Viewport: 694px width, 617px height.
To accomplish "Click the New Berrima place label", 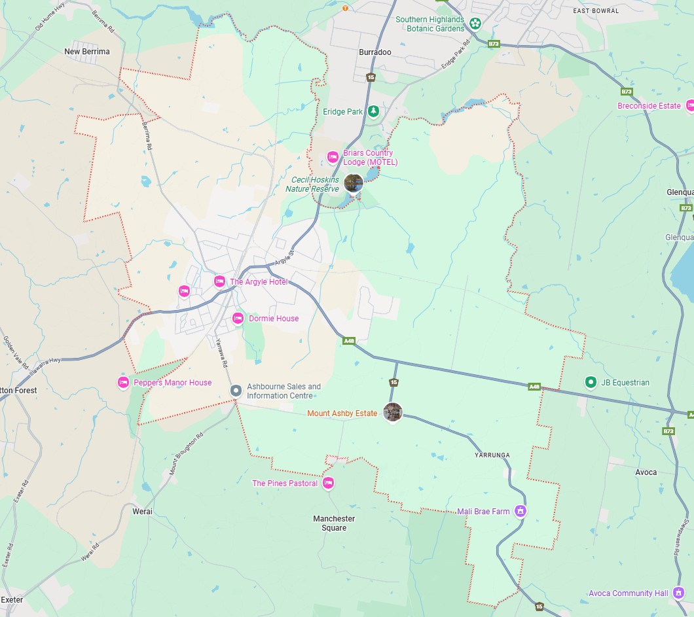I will click(x=87, y=52).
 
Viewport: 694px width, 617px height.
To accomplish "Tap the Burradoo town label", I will click(x=375, y=52).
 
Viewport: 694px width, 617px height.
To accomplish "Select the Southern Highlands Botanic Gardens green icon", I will click(x=475, y=24).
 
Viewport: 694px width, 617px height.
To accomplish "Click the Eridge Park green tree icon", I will click(x=373, y=111).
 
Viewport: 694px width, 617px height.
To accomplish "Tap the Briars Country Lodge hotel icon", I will click(x=333, y=157).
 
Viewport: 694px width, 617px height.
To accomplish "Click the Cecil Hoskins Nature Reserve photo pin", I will click(x=354, y=183).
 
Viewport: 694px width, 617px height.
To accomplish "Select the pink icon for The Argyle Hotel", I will click(x=219, y=281).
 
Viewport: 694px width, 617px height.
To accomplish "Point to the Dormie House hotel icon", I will click(x=238, y=319).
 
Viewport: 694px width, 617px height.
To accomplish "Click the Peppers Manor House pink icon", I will click(x=123, y=382).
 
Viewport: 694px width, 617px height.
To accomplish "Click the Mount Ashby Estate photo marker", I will click(x=392, y=412).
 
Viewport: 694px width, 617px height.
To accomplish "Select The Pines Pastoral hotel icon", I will click(x=329, y=483).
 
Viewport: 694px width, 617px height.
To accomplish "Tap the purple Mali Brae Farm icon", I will click(x=520, y=511).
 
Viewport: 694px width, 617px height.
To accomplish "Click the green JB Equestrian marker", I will click(x=590, y=382).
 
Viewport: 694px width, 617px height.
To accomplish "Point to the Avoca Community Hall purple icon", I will click(x=678, y=593).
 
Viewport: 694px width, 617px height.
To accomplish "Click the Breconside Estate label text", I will click(x=649, y=106).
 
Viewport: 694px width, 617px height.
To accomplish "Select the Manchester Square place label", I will click(x=334, y=523).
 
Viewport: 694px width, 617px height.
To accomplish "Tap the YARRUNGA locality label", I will click(x=492, y=455).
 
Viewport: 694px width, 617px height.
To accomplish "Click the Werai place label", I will click(x=142, y=511).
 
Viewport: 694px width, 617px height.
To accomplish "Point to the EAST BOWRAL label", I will click(x=595, y=11).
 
